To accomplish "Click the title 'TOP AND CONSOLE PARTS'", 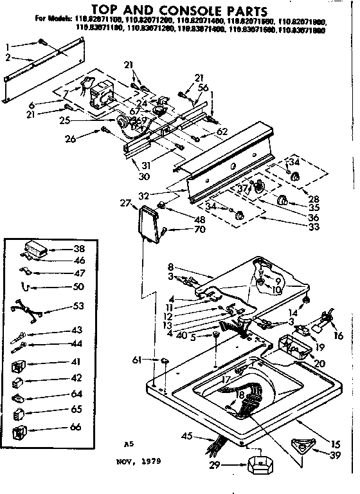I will click(179, 10).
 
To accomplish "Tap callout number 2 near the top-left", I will click(8, 58).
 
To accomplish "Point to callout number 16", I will click(339, 335).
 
